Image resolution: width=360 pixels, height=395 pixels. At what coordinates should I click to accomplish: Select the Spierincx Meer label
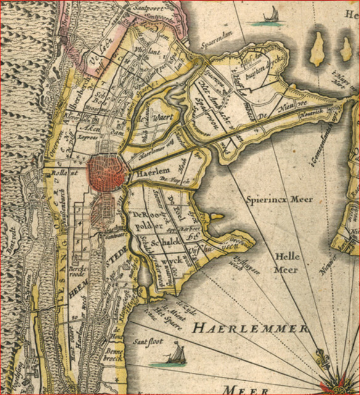279,199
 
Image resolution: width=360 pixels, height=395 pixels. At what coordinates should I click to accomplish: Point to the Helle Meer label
286,262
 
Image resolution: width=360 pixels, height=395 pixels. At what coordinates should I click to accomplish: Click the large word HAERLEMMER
249,328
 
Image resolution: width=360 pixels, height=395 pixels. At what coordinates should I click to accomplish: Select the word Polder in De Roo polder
145,227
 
